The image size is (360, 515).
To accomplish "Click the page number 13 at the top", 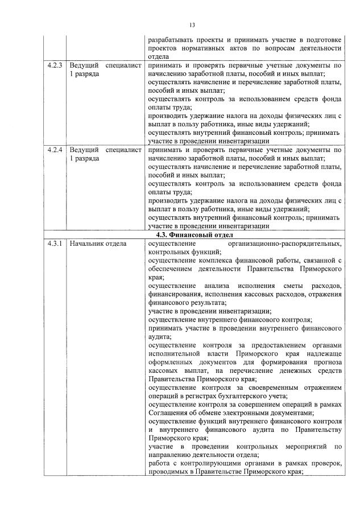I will click(x=192, y=25).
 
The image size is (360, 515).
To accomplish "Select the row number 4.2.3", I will click(x=56, y=66).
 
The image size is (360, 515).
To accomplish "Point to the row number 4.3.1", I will click(x=56, y=244).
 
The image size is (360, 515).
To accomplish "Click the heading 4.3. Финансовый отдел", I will click(x=196, y=234).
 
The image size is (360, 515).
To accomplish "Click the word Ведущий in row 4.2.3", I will click(x=84, y=66).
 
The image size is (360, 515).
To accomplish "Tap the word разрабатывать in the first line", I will click(x=171, y=40).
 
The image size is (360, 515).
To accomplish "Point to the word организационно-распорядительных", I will click(x=285, y=244).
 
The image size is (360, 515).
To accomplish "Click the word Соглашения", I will click(x=168, y=413).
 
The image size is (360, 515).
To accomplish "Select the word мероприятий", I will click(x=301, y=446).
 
